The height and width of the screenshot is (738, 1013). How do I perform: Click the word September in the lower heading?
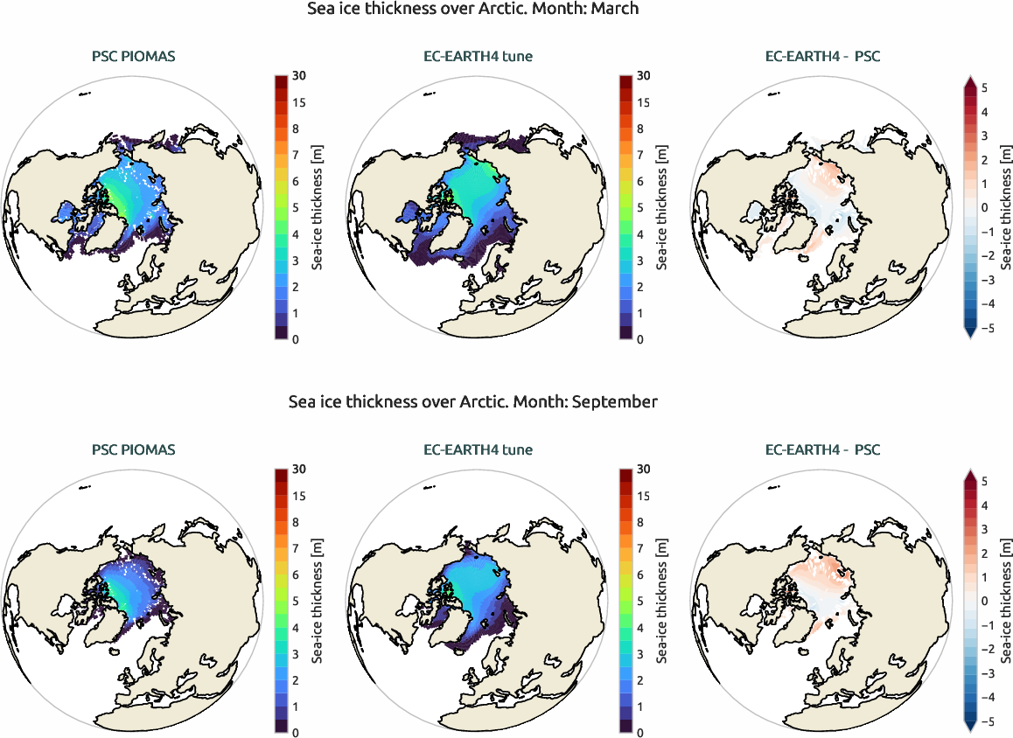tap(610, 402)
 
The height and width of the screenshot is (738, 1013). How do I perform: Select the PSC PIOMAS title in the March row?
tap(134, 57)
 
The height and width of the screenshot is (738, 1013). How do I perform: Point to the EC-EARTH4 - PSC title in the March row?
tap(822, 57)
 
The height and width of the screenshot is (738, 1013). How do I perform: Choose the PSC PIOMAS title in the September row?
tap(134, 450)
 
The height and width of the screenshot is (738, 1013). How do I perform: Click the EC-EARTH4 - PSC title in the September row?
tap(822, 450)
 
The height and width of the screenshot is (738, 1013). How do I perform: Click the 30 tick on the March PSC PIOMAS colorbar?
tap(300, 76)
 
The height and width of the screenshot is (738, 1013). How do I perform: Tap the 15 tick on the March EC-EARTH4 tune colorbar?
tap(643, 102)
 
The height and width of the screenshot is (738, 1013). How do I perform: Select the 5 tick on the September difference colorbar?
tap(985, 482)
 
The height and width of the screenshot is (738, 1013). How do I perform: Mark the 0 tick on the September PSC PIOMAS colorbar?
tap(297, 732)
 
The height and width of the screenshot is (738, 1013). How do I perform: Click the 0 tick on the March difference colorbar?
tap(985, 208)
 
